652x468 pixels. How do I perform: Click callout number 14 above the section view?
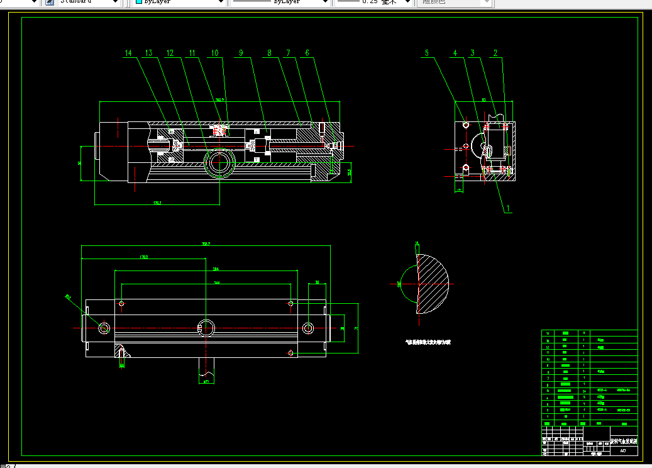pos(128,54)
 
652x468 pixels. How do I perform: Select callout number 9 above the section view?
pos(240,54)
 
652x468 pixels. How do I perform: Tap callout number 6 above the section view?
pos(307,54)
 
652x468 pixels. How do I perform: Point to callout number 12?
pos(170,54)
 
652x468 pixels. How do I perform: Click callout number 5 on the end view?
pos(427,54)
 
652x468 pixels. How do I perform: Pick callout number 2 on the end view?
pos(495,54)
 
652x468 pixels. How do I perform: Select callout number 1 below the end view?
pos(508,207)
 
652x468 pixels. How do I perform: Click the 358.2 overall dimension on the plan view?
pos(206,244)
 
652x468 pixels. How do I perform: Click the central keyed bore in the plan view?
pos(206,327)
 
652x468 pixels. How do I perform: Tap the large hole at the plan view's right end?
pos(308,328)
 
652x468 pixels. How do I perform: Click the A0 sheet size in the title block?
pos(623,450)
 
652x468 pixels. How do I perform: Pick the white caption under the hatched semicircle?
pos(428,343)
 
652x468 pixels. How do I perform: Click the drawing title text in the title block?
pos(623,442)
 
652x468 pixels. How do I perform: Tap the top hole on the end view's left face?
pos(465,125)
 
